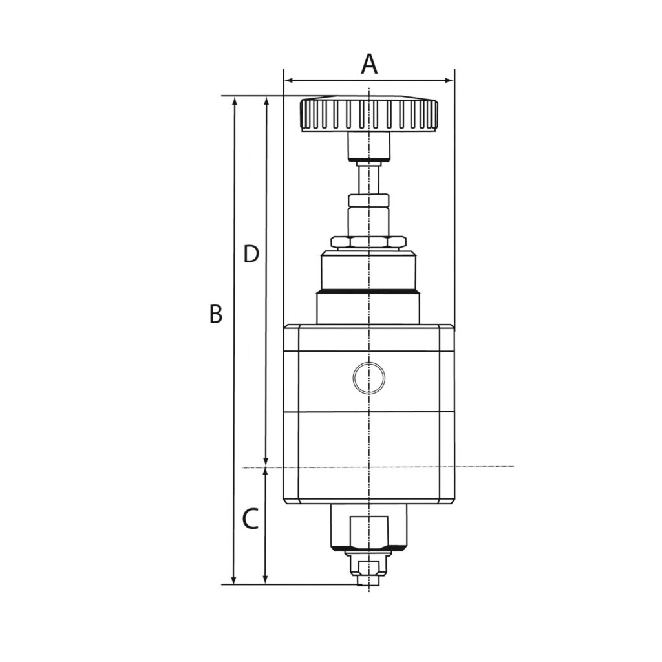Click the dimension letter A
(x=368, y=64)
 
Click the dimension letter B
(x=216, y=314)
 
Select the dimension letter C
(x=250, y=518)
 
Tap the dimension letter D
(x=251, y=254)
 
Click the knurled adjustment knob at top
(x=368, y=114)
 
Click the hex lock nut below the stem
(x=368, y=242)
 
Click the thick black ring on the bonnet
(x=368, y=291)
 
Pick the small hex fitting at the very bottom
(x=368, y=569)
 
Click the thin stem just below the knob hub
(x=368, y=178)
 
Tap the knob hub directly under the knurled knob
(x=368, y=145)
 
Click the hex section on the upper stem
(x=368, y=200)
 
